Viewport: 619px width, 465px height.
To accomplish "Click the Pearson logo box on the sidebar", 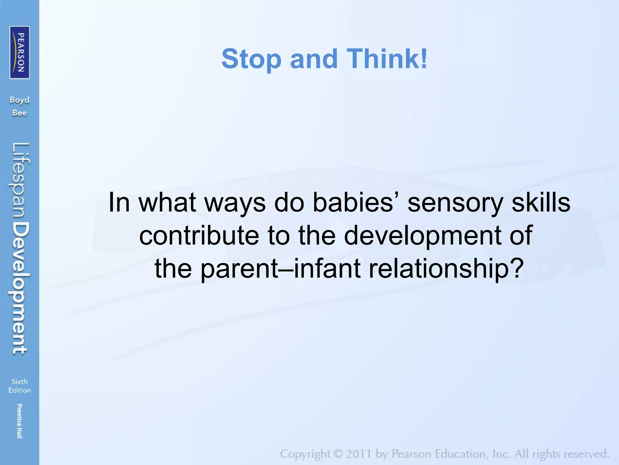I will [20, 52].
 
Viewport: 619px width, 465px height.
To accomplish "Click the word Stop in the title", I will [251, 59].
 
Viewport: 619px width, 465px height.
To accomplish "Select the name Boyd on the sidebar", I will [19, 100].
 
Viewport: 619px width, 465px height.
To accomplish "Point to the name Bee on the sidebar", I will [19, 113].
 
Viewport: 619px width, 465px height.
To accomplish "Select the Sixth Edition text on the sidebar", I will [20, 386].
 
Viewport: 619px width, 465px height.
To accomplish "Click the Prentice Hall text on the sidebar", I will [19, 421].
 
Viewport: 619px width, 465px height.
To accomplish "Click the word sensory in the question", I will [455, 203].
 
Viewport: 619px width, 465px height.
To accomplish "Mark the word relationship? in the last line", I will [446, 269].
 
